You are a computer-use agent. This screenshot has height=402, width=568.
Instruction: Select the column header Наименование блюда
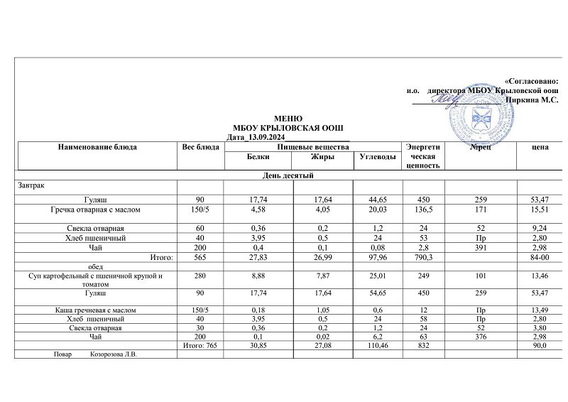point(97,147)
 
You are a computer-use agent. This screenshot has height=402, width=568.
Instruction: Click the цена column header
point(539,147)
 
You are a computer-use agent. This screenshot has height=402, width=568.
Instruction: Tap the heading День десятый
point(288,175)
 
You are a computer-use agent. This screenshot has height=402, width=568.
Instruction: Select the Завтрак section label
point(31,185)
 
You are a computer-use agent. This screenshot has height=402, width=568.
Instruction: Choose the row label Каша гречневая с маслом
point(97,310)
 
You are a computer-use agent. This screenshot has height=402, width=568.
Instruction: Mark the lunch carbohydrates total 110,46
point(376,346)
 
